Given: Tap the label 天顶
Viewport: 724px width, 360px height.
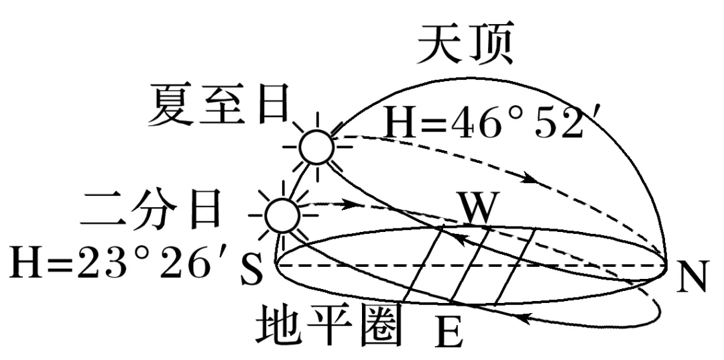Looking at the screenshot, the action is click(x=465, y=47).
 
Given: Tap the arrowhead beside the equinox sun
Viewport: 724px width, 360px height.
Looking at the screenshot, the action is click(x=347, y=202).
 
